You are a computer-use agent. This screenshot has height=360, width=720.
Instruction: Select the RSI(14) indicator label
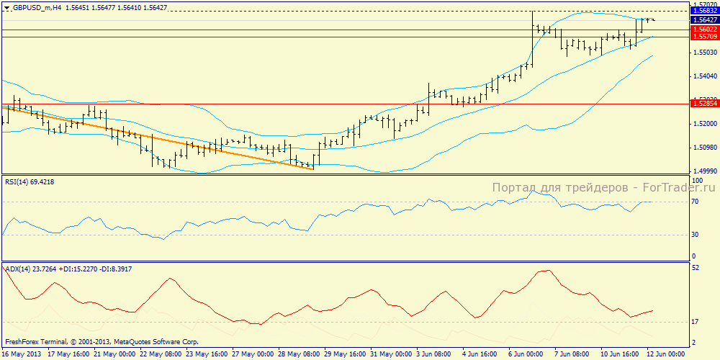point(19,181)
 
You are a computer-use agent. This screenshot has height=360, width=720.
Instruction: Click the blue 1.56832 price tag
point(703,12)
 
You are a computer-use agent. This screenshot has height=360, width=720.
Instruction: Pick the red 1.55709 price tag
point(703,36)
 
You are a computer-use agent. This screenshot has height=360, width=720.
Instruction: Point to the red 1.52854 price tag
point(703,104)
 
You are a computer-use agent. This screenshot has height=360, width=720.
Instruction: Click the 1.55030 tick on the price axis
point(703,53)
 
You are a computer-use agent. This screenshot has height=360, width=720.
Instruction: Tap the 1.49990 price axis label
point(703,171)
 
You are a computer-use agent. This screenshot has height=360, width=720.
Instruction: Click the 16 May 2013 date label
point(22,354)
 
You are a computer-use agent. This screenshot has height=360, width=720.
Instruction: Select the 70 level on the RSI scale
point(696,202)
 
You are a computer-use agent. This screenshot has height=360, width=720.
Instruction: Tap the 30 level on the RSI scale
point(696,235)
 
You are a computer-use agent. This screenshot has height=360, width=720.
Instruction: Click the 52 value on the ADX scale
point(696,268)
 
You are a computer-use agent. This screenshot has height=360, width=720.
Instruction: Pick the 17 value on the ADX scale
point(696,322)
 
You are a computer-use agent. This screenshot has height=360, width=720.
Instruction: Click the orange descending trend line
point(158,138)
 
